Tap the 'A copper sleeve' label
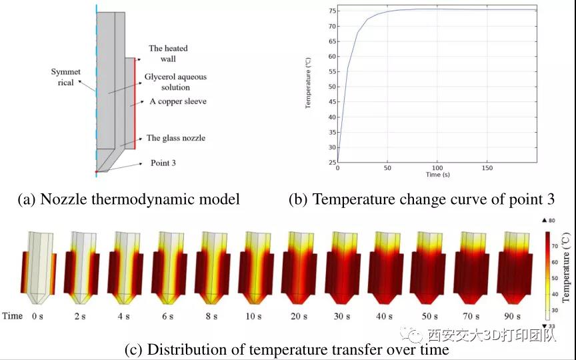pos(178,101)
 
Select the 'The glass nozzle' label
pos(175,138)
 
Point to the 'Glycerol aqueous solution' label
pos(175,82)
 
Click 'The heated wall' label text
pos(168,53)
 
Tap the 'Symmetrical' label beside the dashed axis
pos(65,77)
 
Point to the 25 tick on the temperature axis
pos(332,163)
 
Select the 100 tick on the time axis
pos(437,168)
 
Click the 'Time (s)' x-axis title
pos(437,175)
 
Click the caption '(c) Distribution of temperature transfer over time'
pos(287,349)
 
